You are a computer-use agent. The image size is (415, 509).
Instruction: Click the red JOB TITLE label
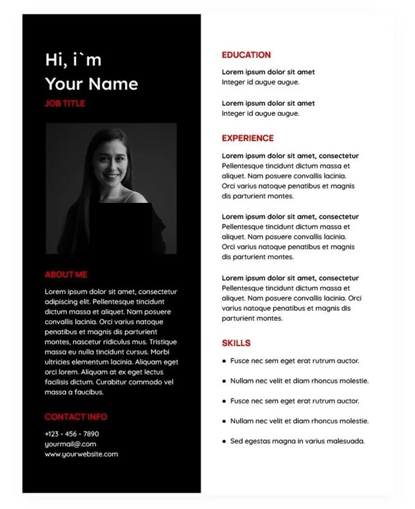tap(65, 103)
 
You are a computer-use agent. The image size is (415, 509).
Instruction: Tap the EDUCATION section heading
tap(246, 55)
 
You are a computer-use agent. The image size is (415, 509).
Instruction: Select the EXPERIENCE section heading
tap(248, 138)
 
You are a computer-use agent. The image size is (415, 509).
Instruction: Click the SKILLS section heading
tap(236, 343)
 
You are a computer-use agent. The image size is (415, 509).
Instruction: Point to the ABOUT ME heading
tap(66, 274)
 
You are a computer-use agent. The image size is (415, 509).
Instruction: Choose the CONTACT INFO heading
tap(76, 417)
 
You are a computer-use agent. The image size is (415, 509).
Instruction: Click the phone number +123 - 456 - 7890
tap(72, 434)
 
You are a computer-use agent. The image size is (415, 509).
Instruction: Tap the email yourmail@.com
tap(70, 444)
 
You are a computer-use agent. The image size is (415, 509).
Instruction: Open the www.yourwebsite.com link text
tap(81, 454)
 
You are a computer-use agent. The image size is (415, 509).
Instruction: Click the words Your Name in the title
tap(91, 84)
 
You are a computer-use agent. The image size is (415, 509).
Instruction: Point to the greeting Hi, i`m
tap(73, 60)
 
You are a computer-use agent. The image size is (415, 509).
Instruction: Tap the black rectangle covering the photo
tap(123, 228)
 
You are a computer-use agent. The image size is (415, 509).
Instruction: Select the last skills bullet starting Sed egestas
tap(297, 441)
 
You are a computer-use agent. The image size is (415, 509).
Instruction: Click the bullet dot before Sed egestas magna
tap(224, 442)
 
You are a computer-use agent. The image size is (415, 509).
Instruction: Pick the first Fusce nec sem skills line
tap(295, 361)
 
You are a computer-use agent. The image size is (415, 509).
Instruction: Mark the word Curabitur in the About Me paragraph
tap(127, 382)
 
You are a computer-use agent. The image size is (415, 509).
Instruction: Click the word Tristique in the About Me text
tap(160, 342)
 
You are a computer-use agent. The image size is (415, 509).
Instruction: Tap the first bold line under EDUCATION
tap(268, 72)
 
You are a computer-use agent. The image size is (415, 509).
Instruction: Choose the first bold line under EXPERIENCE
tap(290, 156)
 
